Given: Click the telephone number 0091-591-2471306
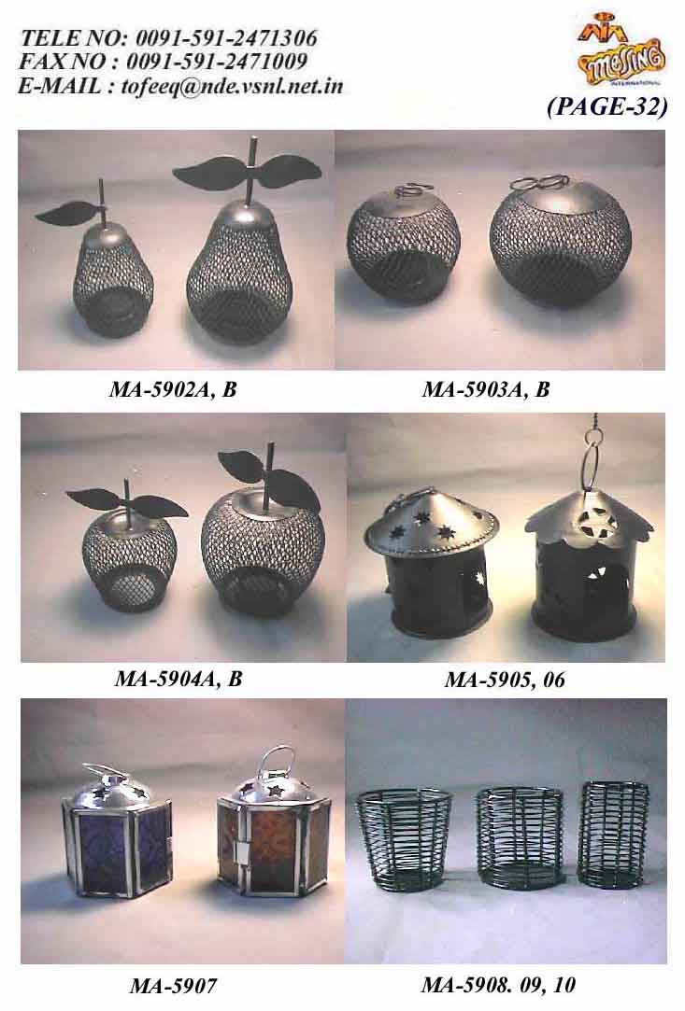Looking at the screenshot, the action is click(225, 37).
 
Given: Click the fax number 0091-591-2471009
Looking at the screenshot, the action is click(216, 62).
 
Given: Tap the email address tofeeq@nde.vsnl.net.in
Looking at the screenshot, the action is click(232, 86).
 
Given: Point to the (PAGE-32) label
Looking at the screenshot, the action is click(607, 106).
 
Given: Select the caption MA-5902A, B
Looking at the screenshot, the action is click(173, 389).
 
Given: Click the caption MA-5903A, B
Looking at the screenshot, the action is click(486, 389).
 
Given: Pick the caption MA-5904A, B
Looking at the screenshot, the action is click(178, 679).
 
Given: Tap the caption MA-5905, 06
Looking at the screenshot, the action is click(505, 679).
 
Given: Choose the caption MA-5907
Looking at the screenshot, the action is click(173, 985).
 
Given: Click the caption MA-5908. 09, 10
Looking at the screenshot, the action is click(498, 985).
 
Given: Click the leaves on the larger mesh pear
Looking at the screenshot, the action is click(248, 170).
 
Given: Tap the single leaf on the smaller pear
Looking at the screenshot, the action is click(66, 212).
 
